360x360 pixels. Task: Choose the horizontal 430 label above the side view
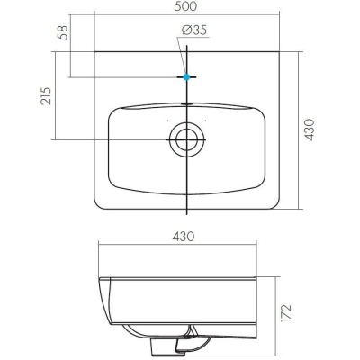pos(184,236)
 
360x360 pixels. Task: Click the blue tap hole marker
pos(186,77)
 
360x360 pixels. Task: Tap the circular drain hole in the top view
pos(186,139)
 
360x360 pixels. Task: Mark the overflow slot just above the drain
pos(186,104)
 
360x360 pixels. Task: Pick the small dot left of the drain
pos(167,120)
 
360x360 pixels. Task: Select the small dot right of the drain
pos(205,120)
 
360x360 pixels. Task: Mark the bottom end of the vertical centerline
pos(186,214)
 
